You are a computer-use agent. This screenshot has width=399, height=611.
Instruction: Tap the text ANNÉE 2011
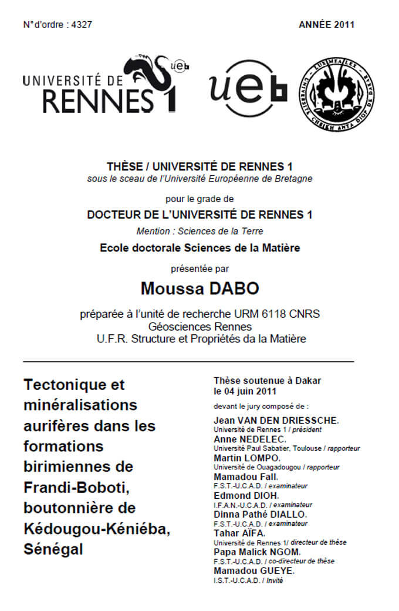point(326,25)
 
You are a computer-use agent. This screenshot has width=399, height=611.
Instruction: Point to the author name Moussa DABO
point(199,288)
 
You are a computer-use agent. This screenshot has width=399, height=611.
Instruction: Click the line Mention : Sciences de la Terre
point(199,231)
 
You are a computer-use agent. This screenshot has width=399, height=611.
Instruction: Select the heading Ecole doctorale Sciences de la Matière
point(199,248)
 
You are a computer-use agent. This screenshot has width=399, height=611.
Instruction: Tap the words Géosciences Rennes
point(200,326)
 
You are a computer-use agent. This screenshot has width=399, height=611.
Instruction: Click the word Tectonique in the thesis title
point(74,385)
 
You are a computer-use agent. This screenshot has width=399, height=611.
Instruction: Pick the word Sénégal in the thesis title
point(53,549)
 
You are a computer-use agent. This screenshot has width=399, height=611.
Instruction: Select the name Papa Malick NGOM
point(258,552)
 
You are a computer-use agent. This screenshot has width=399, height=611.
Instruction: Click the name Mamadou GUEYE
point(253,571)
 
